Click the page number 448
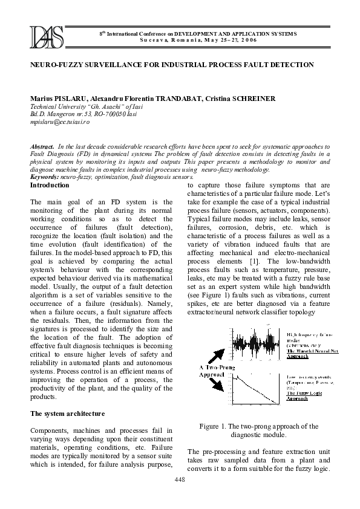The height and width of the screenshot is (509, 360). pos(180,479)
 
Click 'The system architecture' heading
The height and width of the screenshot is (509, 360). pos(67,413)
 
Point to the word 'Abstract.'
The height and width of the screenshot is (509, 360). pos(42,147)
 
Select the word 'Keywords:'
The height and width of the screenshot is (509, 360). pos(44,177)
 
